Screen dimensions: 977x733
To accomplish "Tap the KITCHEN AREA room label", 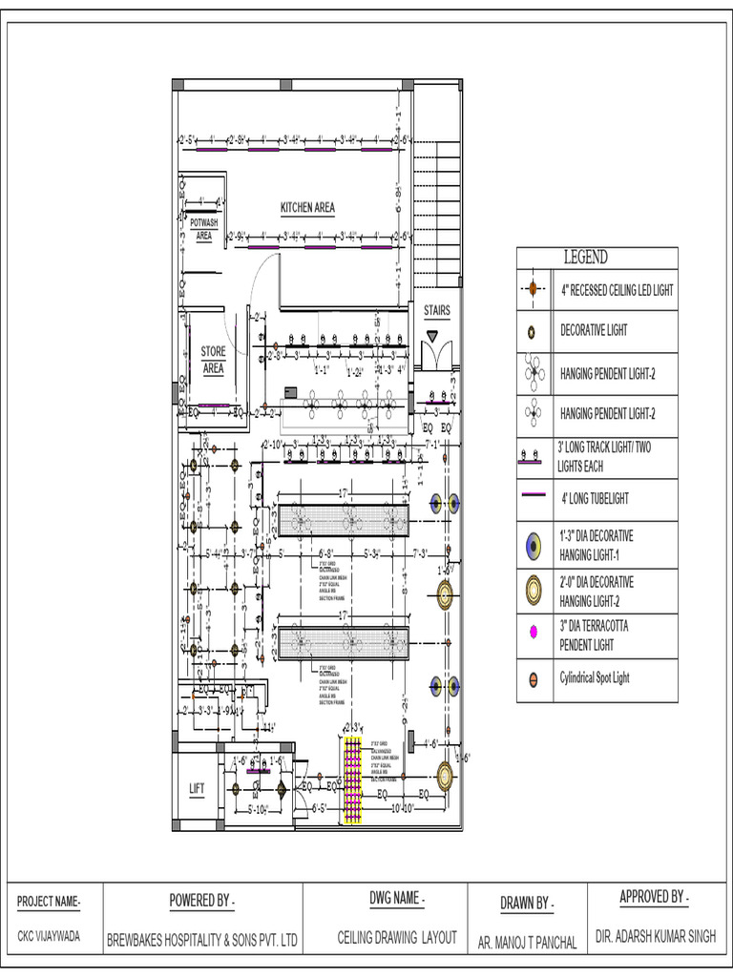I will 307,207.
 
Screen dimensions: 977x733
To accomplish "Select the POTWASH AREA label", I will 203,228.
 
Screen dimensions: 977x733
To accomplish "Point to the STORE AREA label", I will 214,359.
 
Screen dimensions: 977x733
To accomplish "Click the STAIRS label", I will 437,310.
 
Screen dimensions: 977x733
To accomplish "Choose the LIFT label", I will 197,788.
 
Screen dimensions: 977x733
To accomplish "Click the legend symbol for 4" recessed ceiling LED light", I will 533,289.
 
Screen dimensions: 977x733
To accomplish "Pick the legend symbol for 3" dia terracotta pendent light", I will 533,634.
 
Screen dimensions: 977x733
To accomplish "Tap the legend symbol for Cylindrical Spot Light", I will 533,679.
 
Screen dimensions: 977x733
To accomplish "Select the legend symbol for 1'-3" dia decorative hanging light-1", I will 533,545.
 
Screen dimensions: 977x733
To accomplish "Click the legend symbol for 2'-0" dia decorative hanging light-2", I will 533,591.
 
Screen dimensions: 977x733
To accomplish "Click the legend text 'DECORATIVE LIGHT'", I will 594,330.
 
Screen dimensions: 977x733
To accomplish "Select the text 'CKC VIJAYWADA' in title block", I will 49,936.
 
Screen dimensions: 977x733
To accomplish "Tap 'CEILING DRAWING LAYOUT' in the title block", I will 397,938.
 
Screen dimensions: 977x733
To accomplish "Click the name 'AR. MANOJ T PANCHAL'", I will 527,943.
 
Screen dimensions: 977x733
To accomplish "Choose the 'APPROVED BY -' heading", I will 654,897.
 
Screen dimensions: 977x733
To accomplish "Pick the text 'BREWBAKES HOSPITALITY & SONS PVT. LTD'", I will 202,939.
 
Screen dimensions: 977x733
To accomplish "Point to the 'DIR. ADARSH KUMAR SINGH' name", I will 655,937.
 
